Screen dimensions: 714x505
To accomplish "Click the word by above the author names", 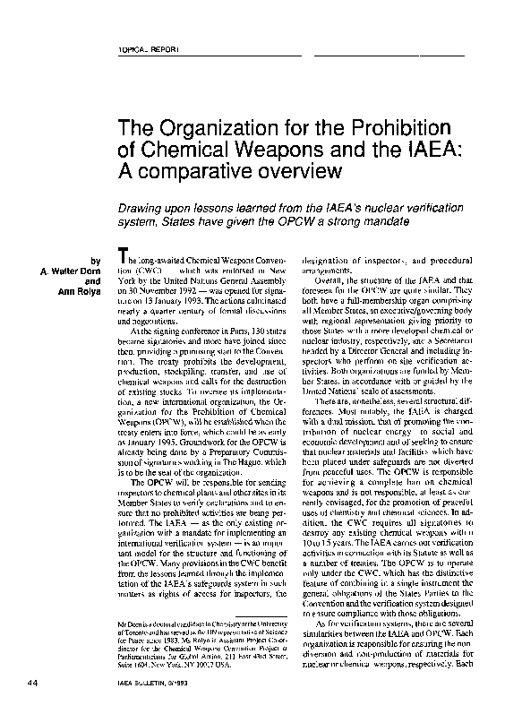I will (97, 261).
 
